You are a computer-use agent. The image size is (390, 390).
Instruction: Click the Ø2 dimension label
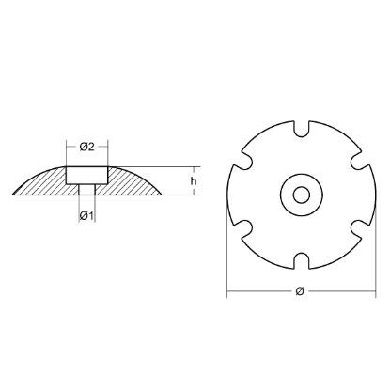coord(86,147)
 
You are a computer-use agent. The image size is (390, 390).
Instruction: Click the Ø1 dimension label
coord(86,217)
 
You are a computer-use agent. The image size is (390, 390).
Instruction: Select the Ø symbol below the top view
coord(298,292)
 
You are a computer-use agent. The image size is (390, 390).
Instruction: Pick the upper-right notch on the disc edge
coord(354,162)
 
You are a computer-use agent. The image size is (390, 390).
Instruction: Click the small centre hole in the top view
coord(300,195)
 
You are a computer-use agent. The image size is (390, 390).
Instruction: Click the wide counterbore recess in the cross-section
coord(87,175)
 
